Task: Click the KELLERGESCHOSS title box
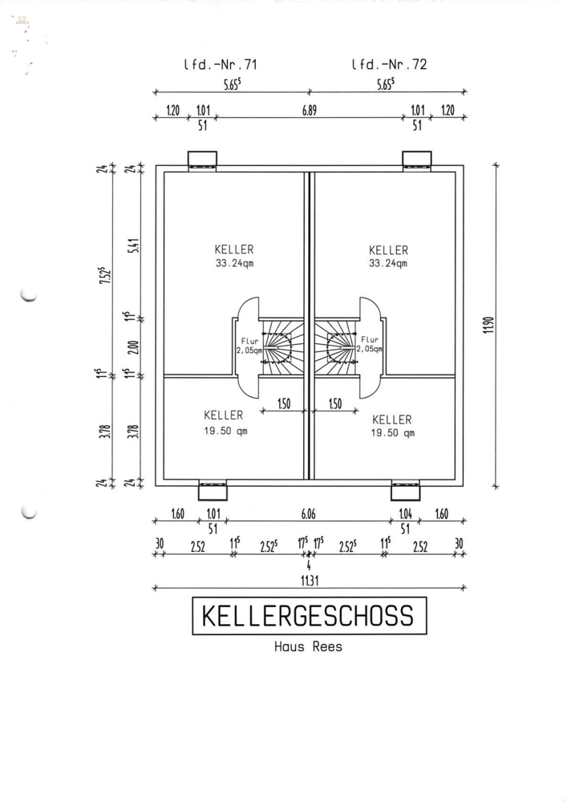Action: (309, 615)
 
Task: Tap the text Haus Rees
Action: (308, 646)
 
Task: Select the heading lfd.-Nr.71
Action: (221, 64)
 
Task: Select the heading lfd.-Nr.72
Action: (389, 64)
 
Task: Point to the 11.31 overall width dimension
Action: (309, 581)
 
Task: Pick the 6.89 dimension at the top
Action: (310, 110)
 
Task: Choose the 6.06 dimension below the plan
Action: (308, 513)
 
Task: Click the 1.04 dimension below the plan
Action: (406, 513)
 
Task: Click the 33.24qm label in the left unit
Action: (235, 264)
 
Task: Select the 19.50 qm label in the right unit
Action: (393, 433)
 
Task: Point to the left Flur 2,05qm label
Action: (249, 346)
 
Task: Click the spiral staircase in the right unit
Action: (334, 348)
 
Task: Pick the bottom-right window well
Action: (406, 489)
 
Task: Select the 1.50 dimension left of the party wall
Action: (284, 404)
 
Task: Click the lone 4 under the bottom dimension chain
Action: (308, 565)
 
